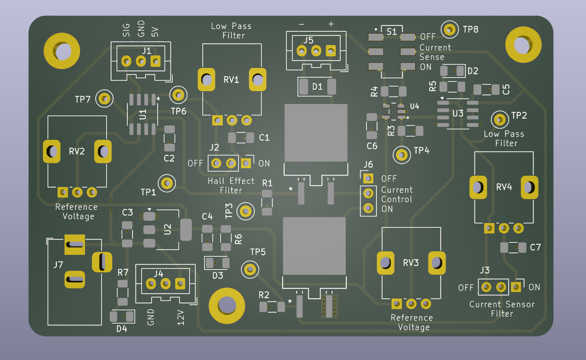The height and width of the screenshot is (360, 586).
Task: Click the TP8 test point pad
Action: pyautogui.click(x=449, y=30)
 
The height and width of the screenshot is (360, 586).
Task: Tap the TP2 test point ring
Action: pyautogui.click(x=499, y=120)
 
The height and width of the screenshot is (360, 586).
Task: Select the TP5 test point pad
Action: pyautogui.click(x=250, y=269)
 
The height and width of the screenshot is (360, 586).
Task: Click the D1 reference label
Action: pyautogui.click(x=317, y=87)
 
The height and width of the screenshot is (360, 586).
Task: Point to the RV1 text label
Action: pyautogui.click(x=231, y=80)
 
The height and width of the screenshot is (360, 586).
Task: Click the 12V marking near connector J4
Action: pyautogui.click(x=181, y=317)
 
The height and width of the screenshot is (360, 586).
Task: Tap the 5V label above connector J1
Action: pyautogui.click(x=154, y=32)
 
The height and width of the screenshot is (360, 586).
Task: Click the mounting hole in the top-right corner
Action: pyautogui.click(x=523, y=45)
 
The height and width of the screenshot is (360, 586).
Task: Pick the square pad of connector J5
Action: pyautogui.click(x=331, y=51)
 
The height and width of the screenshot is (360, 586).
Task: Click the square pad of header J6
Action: pyautogui.click(x=368, y=178)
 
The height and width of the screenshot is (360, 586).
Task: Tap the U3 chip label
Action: pyautogui.click(x=458, y=114)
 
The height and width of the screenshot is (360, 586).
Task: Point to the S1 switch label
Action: pyautogui.click(x=392, y=31)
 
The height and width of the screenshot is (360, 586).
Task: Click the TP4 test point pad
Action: pyautogui.click(x=402, y=155)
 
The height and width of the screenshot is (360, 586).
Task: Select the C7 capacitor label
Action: pyautogui.click(x=535, y=247)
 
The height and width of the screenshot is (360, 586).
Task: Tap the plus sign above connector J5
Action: pyautogui.click(x=331, y=24)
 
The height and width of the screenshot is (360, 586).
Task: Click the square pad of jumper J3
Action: pyautogui.click(x=516, y=287)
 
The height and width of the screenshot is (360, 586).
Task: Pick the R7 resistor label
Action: pyautogui.click(x=123, y=272)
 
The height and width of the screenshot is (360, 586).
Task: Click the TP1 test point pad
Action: pyautogui.click(x=167, y=183)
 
